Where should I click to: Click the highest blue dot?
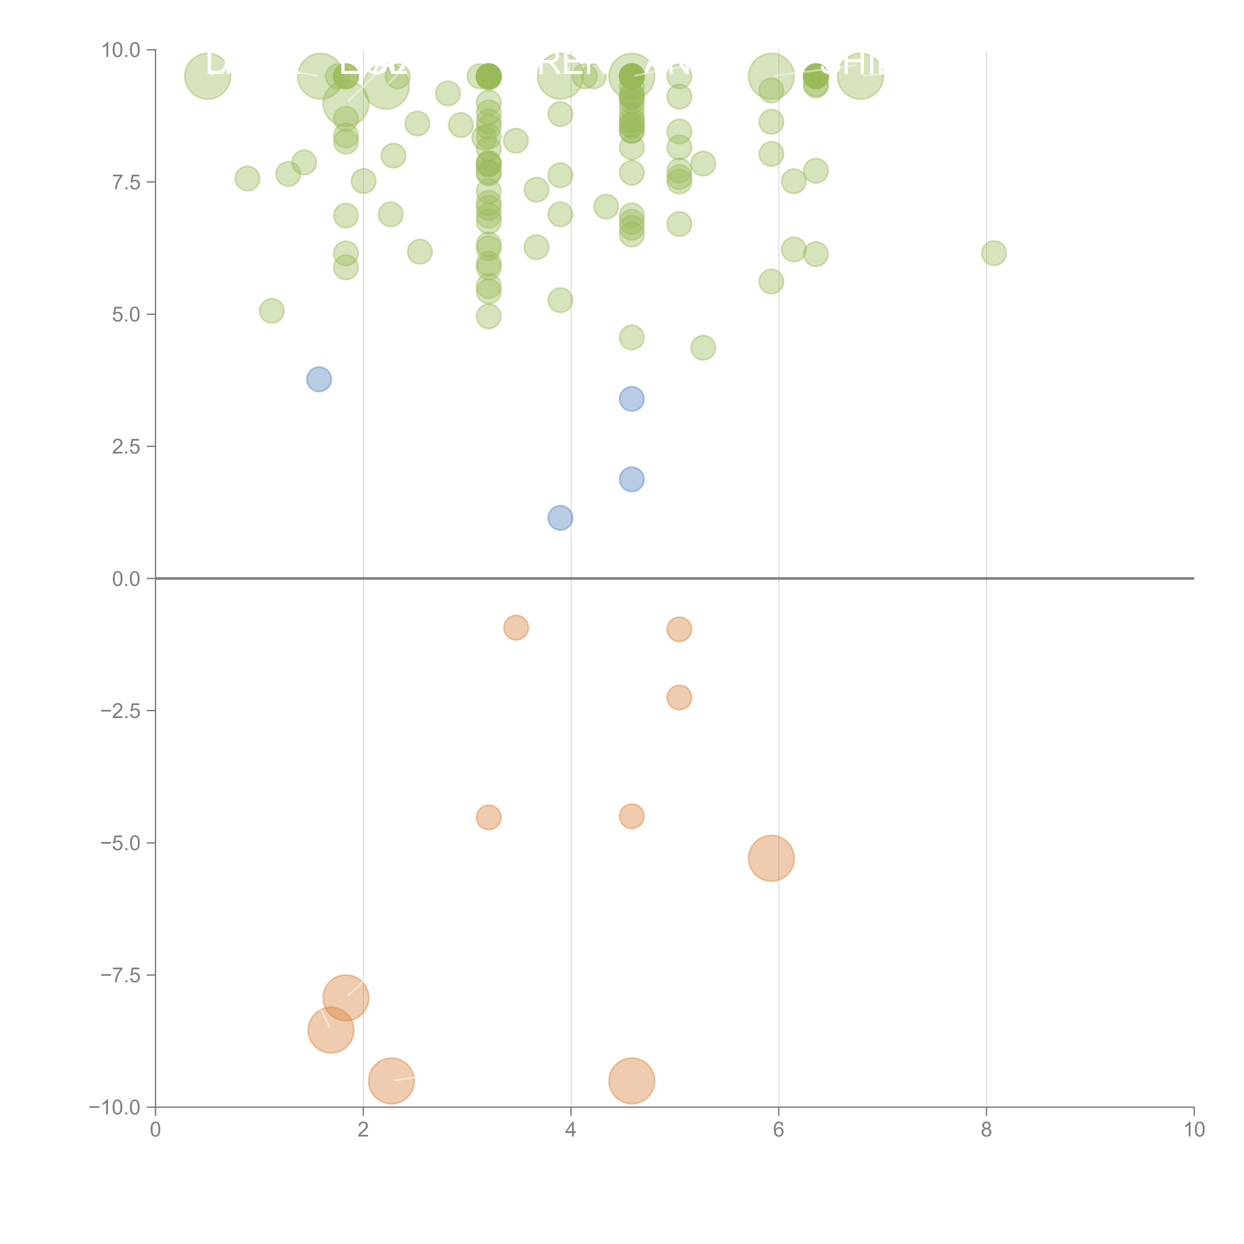(x=319, y=379)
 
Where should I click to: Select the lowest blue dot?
(x=560, y=518)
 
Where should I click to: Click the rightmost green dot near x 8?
(x=993, y=253)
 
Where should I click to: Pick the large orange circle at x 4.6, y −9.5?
(x=632, y=1081)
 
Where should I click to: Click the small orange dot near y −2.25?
(x=679, y=697)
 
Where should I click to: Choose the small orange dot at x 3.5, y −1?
(x=516, y=627)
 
